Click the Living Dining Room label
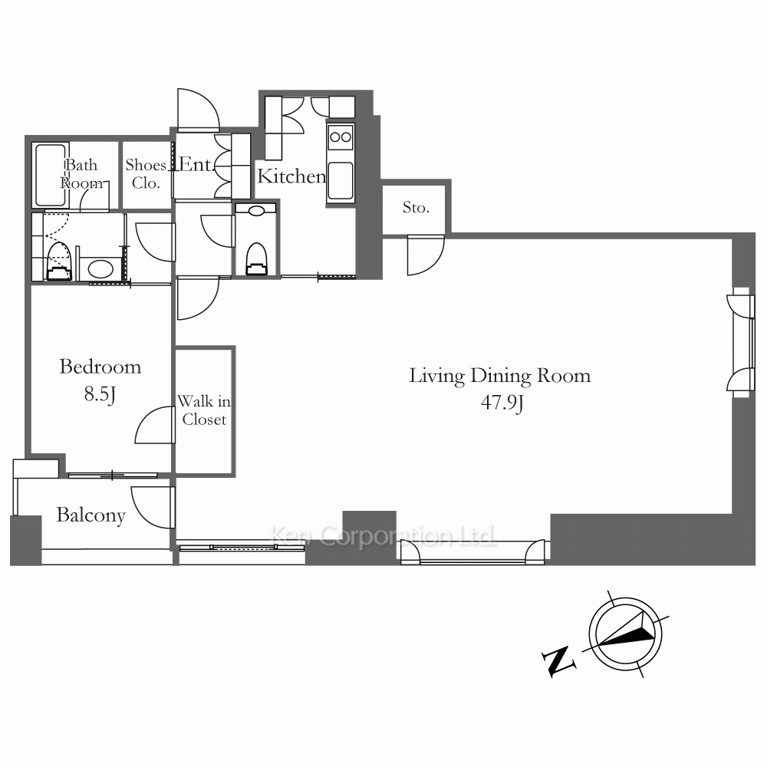(x=499, y=376)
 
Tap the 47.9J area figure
(x=502, y=403)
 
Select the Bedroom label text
(x=100, y=367)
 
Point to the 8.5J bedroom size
(x=100, y=393)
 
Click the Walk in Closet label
(x=204, y=410)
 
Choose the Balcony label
(x=91, y=515)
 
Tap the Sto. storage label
(x=416, y=208)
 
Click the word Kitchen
(x=291, y=176)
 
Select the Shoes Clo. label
(x=146, y=173)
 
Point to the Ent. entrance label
(x=196, y=164)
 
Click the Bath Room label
(x=81, y=173)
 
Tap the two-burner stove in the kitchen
(x=341, y=137)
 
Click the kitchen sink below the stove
(x=341, y=181)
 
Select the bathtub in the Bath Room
(x=51, y=175)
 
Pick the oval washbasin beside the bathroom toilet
(x=100, y=268)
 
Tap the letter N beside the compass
(x=558, y=661)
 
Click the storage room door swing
(x=426, y=255)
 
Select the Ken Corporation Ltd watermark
(x=383, y=535)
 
